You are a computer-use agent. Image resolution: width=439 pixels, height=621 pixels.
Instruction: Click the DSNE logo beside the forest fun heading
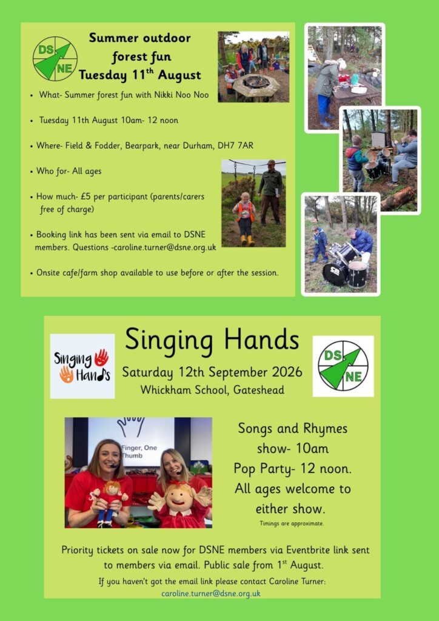(55, 59)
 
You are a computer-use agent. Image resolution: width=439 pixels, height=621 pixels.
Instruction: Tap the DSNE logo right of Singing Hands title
(343, 366)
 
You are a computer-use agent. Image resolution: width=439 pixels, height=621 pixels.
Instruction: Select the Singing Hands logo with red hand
(82, 366)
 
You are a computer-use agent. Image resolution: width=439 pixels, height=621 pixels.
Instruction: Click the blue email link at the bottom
(210, 593)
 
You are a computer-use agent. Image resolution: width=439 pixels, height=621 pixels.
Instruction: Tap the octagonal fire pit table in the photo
(256, 86)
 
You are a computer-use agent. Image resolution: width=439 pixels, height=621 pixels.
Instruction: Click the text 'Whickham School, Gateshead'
(212, 390)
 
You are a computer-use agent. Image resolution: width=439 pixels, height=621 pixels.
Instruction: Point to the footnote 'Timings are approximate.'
(292, 523)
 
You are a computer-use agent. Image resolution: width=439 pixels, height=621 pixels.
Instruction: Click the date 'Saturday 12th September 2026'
(212, 373)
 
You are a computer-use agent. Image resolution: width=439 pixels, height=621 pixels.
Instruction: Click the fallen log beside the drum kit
(397, 198)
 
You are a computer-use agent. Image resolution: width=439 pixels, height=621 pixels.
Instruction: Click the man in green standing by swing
(270, 192)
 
